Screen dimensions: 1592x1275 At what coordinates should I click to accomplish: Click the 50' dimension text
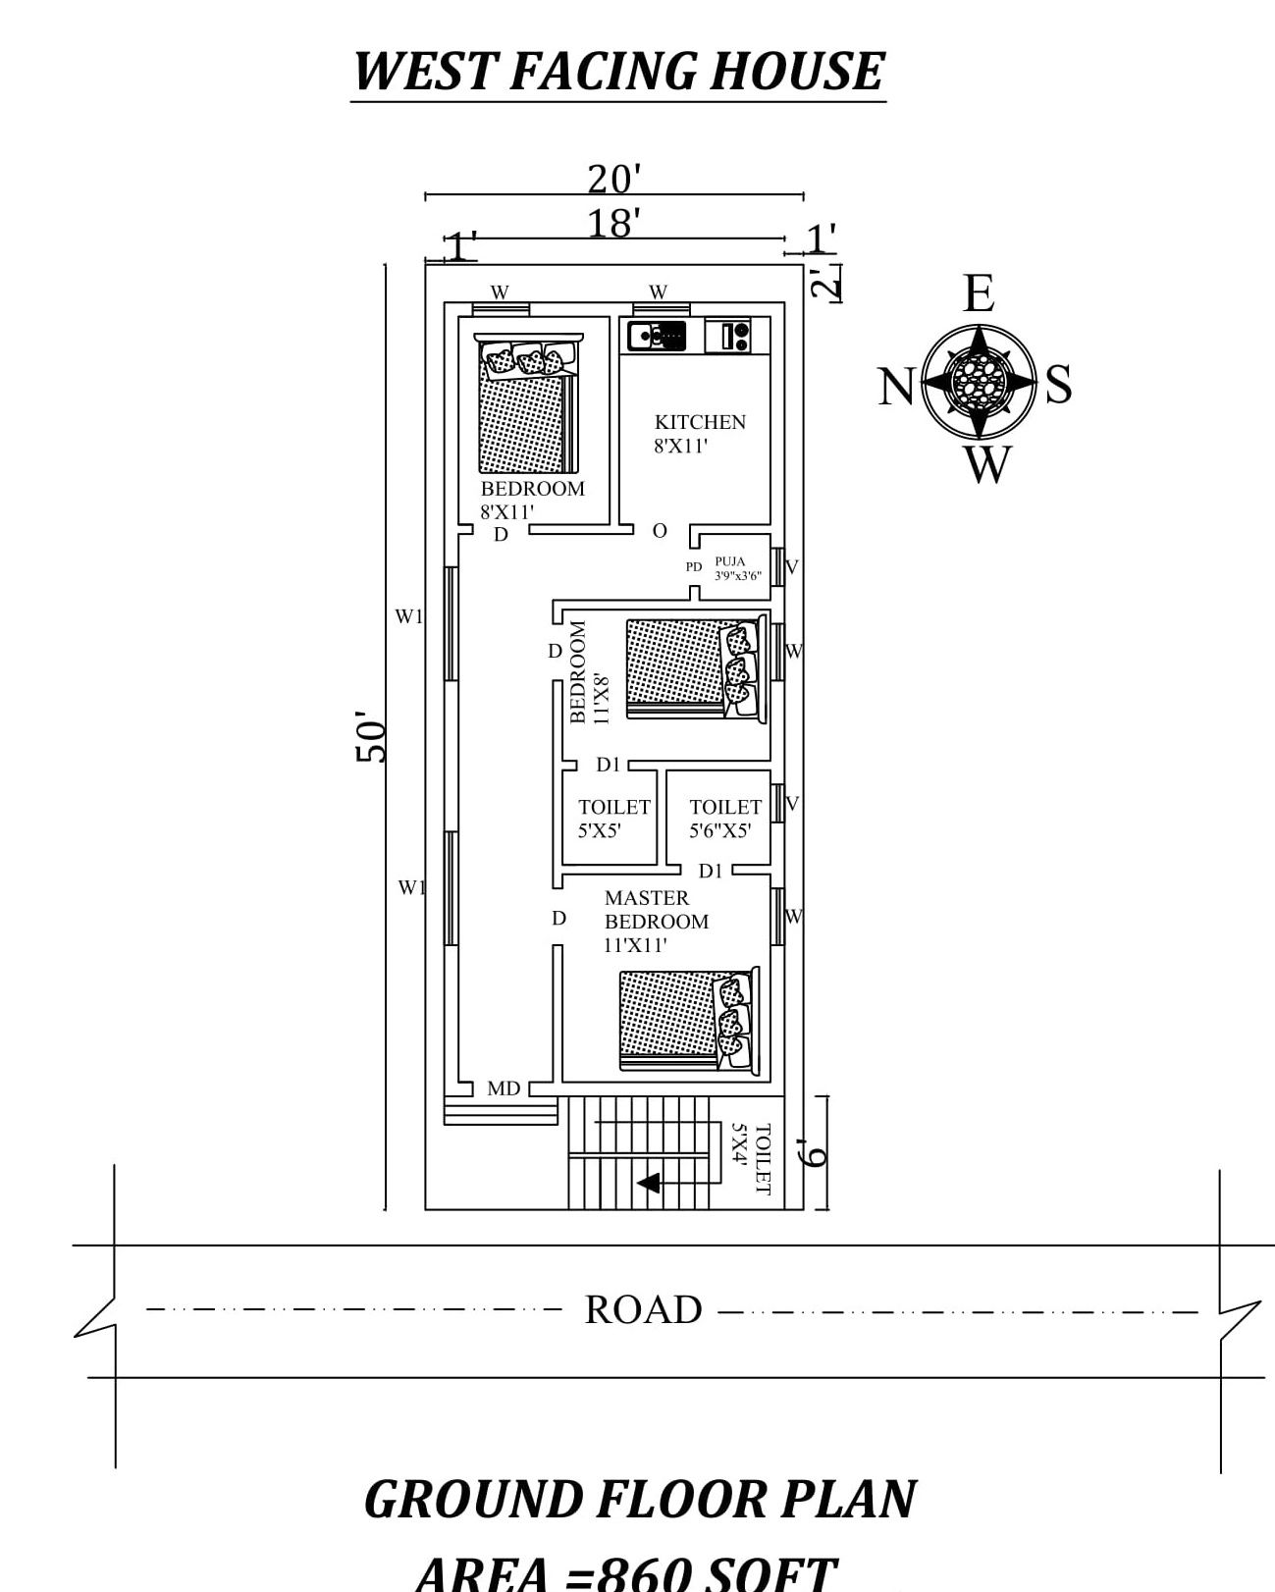(x=371, y=737)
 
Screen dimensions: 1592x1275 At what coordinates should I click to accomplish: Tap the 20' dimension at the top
(x=613, y=180)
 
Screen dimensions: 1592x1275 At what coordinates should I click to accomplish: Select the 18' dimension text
(x=613, y=224)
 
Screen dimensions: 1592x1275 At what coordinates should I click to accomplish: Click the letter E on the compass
(x=979, y=293)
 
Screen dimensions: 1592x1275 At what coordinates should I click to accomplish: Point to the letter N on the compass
(x=896, y=386)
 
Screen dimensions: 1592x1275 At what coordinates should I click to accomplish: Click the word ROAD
(x=643, y=1310)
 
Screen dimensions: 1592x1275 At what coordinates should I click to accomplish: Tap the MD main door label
(x=504, y=1088)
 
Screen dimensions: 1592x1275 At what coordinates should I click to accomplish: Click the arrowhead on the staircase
(x=648, y=1183)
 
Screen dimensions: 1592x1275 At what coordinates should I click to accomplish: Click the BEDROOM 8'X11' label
(x=531, y=500)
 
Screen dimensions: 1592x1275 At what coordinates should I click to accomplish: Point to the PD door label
(x=694, y=567)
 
